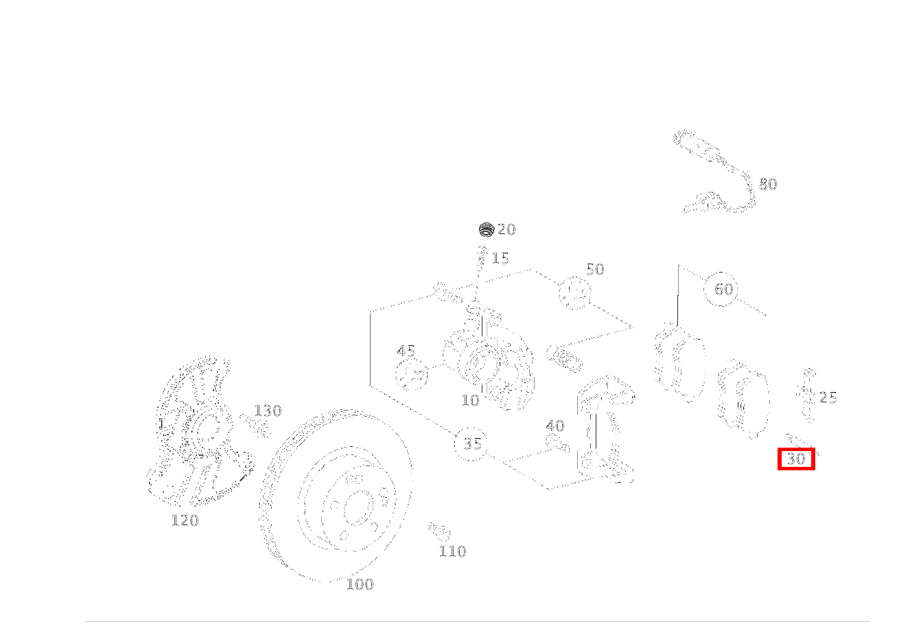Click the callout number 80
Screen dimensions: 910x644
pyautogui.click(x=768, y=184)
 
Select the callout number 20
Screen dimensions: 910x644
pyautogui.click(x=506, y=229)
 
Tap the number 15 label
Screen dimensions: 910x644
pyautogui.click(x=500, y=258)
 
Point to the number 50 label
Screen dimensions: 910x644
pyautogui.click(x=595, y=269)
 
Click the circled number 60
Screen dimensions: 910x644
pyautogui.click(x=723, y=289)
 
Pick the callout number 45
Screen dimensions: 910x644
pyautogui.click(x=406, y=351)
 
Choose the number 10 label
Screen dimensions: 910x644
pyautogui.click(x=470, y=401)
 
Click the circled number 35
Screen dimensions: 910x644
pyautogui.click(x=472, y=444)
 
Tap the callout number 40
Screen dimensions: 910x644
pyautogui.click(x=555, y=426)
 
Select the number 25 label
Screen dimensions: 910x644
pyautogui.click(x=828, y=398)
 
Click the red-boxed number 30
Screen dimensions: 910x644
pyautogui.click(x=796, y=459)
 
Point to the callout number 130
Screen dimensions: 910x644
pyautogui.click(x=268, y=411)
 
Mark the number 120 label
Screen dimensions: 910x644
pyautogui.click(x=185, y=520)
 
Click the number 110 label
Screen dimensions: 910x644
pyautogui.click(x=452, y=551)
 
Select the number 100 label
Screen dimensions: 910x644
pyautogui.click(x=360, y=585)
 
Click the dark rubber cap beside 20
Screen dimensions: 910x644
pyautogui.click(x=487, y=229)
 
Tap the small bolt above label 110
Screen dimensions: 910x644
pyautogui.click(x=439, y=532)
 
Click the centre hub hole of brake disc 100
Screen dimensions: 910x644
pyautogui.click(x=359, y=509)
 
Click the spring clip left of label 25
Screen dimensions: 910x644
pyautogui.click(x=807, y=395)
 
